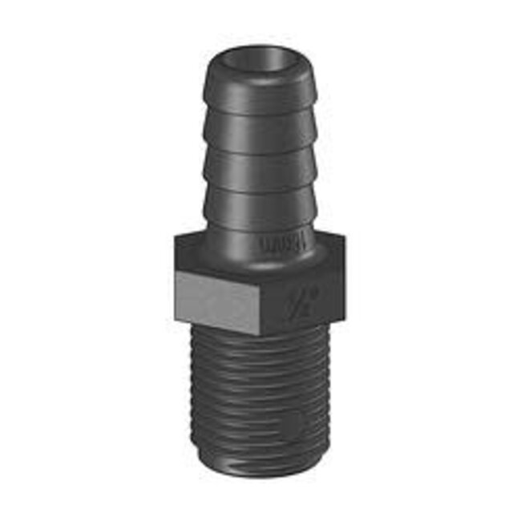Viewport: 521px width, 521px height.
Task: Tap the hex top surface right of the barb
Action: (330, 240)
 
